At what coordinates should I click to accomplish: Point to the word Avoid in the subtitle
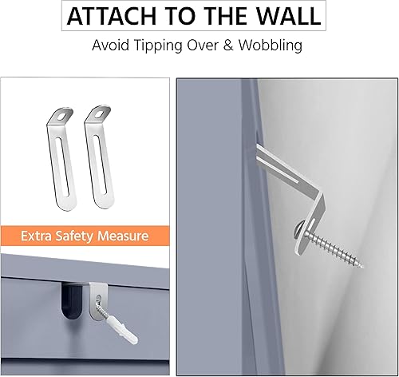(110, 45)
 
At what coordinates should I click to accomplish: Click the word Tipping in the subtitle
(156, 46)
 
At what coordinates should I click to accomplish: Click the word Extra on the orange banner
(41, 236)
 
